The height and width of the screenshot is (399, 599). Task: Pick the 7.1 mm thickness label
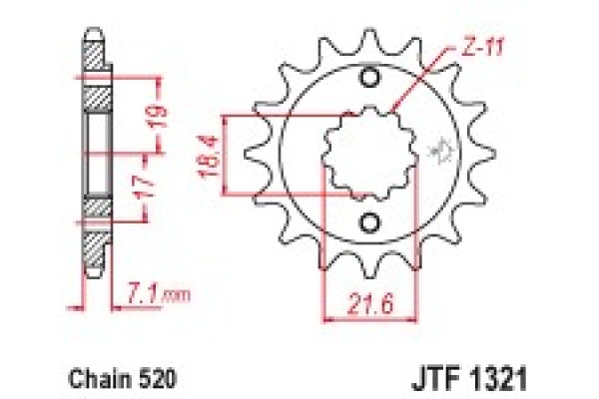tap(160, 294)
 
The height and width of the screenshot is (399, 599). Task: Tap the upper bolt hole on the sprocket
tap(369, 79)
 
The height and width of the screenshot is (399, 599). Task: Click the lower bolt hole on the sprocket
tap(369, 221)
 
